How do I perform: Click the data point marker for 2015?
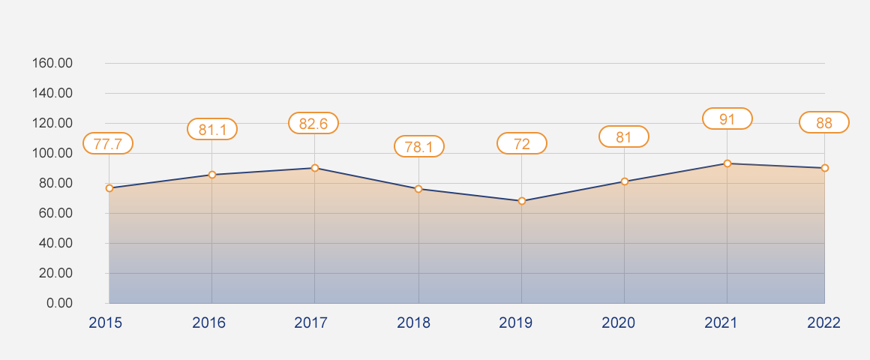point(109,188)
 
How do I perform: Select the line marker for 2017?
point(315,168)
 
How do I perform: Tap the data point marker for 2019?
point(522,201)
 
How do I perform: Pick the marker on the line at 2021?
point(727,163)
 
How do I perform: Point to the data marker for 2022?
point(824,168)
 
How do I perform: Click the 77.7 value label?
point(108,143)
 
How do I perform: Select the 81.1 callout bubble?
point(212,129)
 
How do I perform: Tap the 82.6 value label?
point(313,123)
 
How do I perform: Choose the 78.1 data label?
point(419,146)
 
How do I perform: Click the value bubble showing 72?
point(522,143)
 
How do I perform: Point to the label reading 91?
point(727,118)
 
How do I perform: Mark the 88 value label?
point(824,122)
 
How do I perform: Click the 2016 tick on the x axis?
point(208,323)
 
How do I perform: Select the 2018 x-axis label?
point(414,323)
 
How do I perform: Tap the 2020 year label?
point(619,323)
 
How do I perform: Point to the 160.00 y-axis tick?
point(52,63)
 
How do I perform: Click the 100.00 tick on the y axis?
point(52,153)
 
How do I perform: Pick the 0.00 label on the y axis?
point(58,303)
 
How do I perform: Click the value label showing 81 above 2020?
point(624,136)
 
